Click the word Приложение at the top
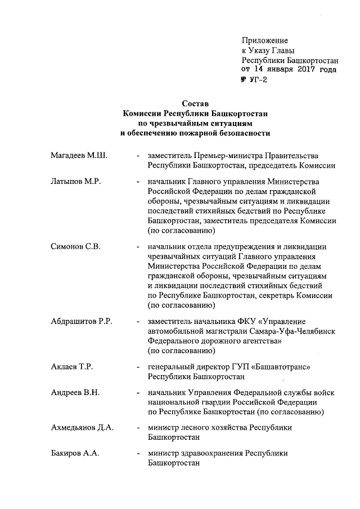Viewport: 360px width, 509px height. tap(265, 40)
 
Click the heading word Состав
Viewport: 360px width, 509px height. tap(195, 103)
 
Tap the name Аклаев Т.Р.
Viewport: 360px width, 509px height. tap(68, 367)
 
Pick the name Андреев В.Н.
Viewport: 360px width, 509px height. tap(71, 393)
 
